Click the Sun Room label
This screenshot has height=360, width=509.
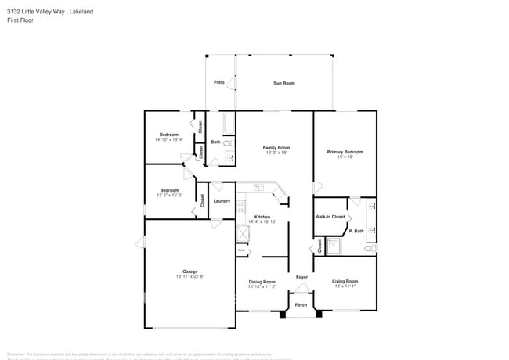(x=283, y=83)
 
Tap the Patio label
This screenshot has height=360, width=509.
(x=219, y=82)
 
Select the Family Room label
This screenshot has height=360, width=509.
(x=276, y=147)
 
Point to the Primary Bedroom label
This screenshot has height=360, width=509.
(x=345, y=152)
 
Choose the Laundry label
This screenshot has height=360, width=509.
(x=222, y=201)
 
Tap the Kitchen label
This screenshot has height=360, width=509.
(x=262, y=217)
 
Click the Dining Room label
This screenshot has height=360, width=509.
(x=262, y=282)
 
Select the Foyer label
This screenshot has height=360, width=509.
(x=301, y=278)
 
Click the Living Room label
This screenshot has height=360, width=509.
(x=345, y=281)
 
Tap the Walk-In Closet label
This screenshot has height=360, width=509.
(x=330, y=216)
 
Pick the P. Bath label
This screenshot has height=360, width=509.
(x=356, y=231)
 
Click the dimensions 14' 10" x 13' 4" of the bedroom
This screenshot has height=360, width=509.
(x=169, y=140)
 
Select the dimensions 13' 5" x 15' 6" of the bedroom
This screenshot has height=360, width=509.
(x=170, y=195)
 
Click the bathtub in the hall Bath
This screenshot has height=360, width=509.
(x=229, y=123)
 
